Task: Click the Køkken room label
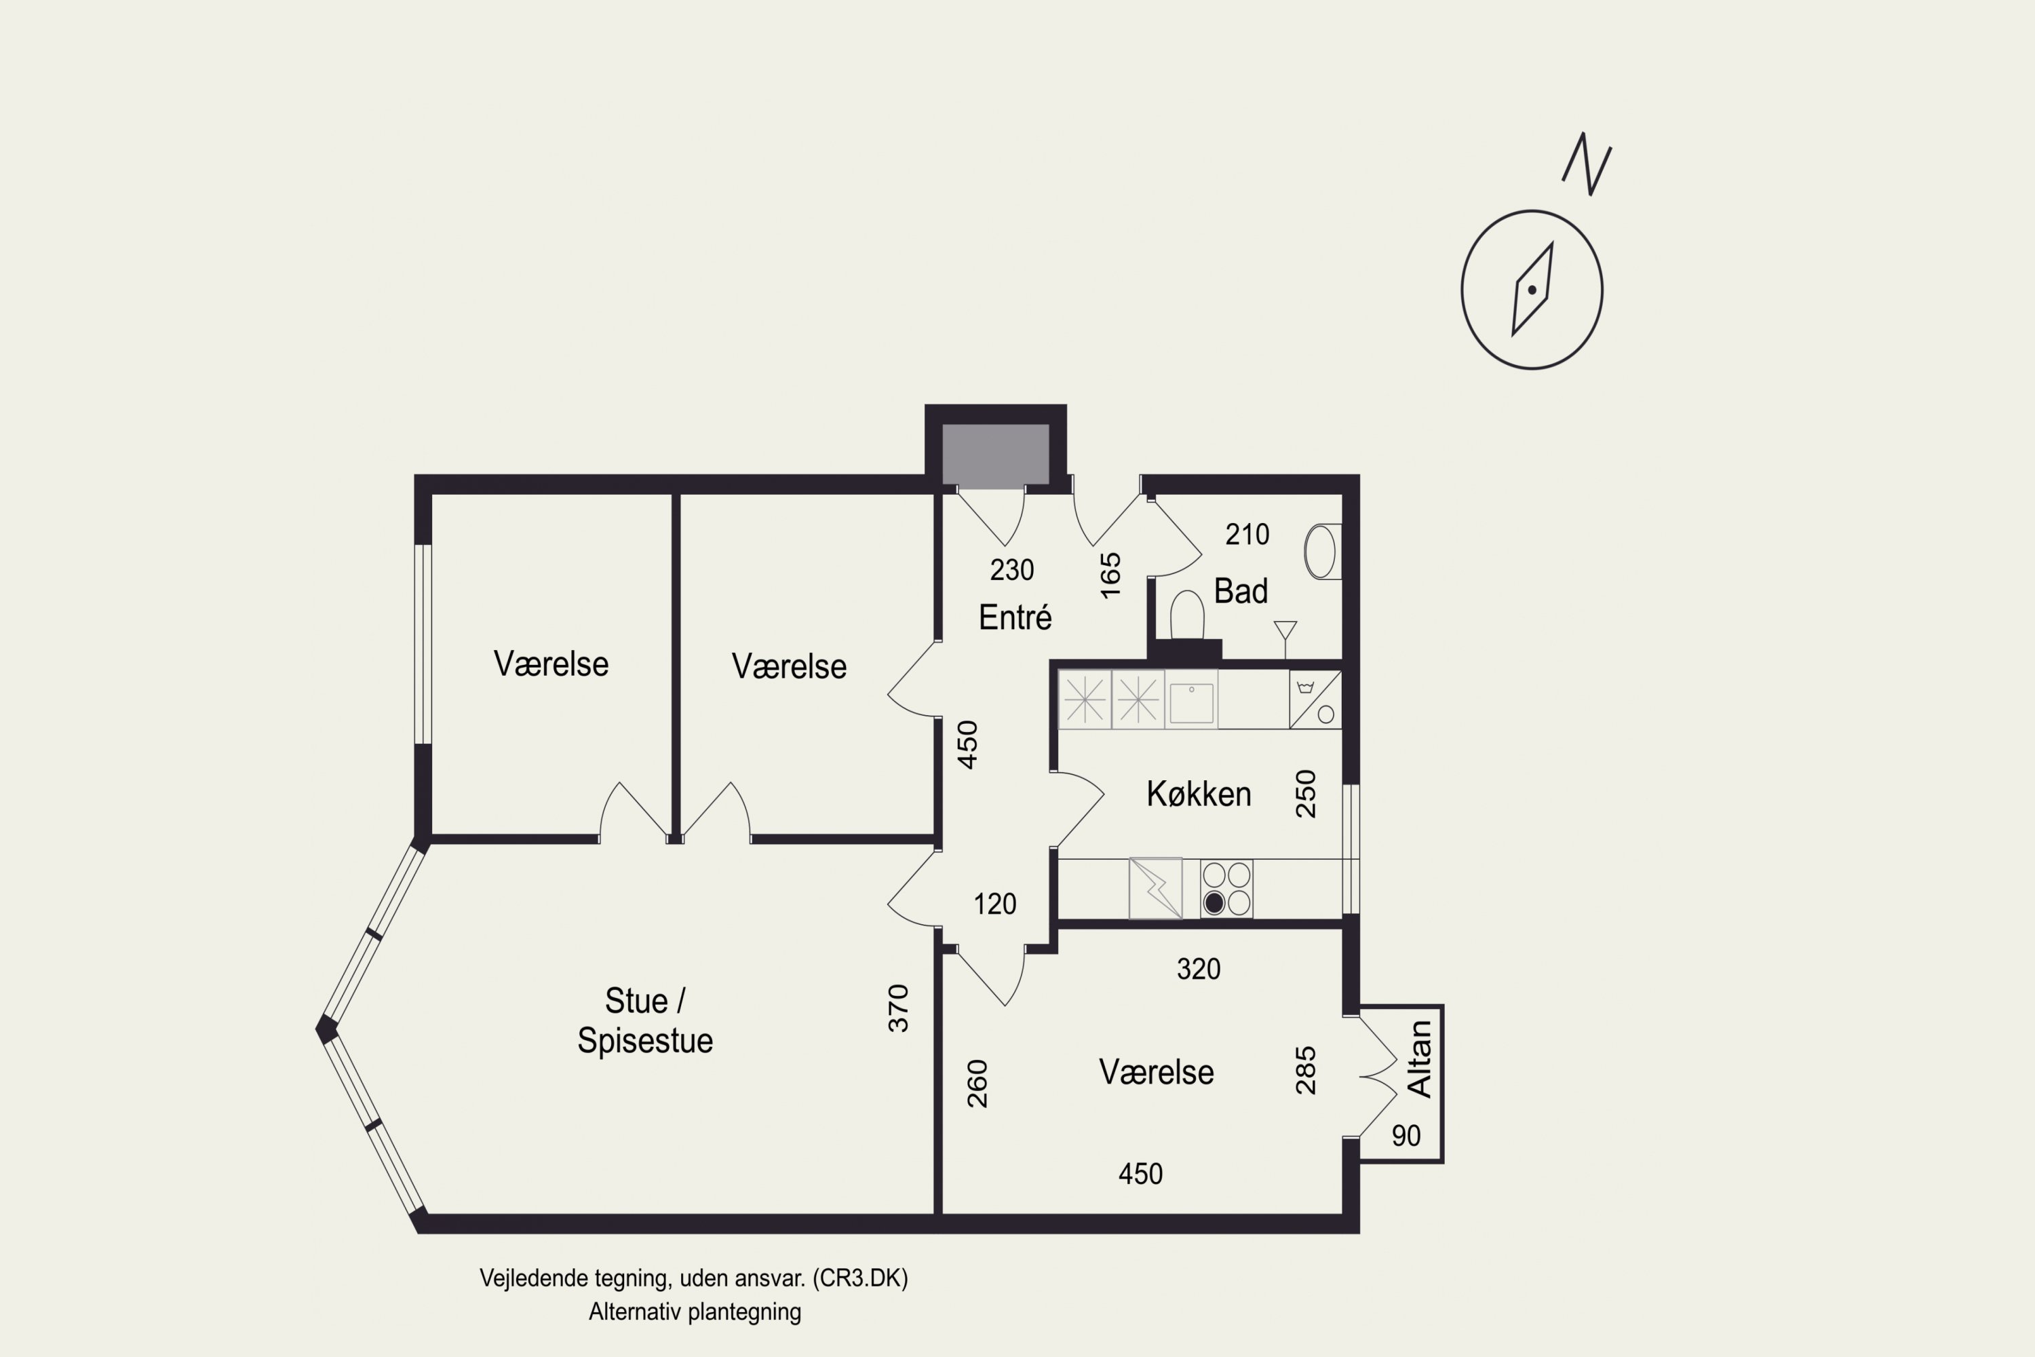tap(1199, 794)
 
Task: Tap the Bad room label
tap(1241, 591)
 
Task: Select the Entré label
tap(1015, 617)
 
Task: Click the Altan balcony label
tap(1419, 1058)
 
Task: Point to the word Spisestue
tap(646, 1039)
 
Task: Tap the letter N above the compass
tap(1587, 164)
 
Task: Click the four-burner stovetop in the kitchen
tap(1226, 888)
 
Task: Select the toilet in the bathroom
tap(1187, 615)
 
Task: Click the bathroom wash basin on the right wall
tap(1322, 551)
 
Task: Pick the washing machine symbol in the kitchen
tap(1315, 700)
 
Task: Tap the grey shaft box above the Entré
tap(995, 455)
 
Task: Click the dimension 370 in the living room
tap(899, 1008)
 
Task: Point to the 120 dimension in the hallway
tap(995, 904)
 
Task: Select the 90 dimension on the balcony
tap(1406, 1135)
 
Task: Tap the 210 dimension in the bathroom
tap(1247, 535)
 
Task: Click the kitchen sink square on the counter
tap(1191, 700)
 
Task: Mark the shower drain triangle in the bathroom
tap(1285, 629)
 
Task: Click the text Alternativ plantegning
tap(695, 1312)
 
